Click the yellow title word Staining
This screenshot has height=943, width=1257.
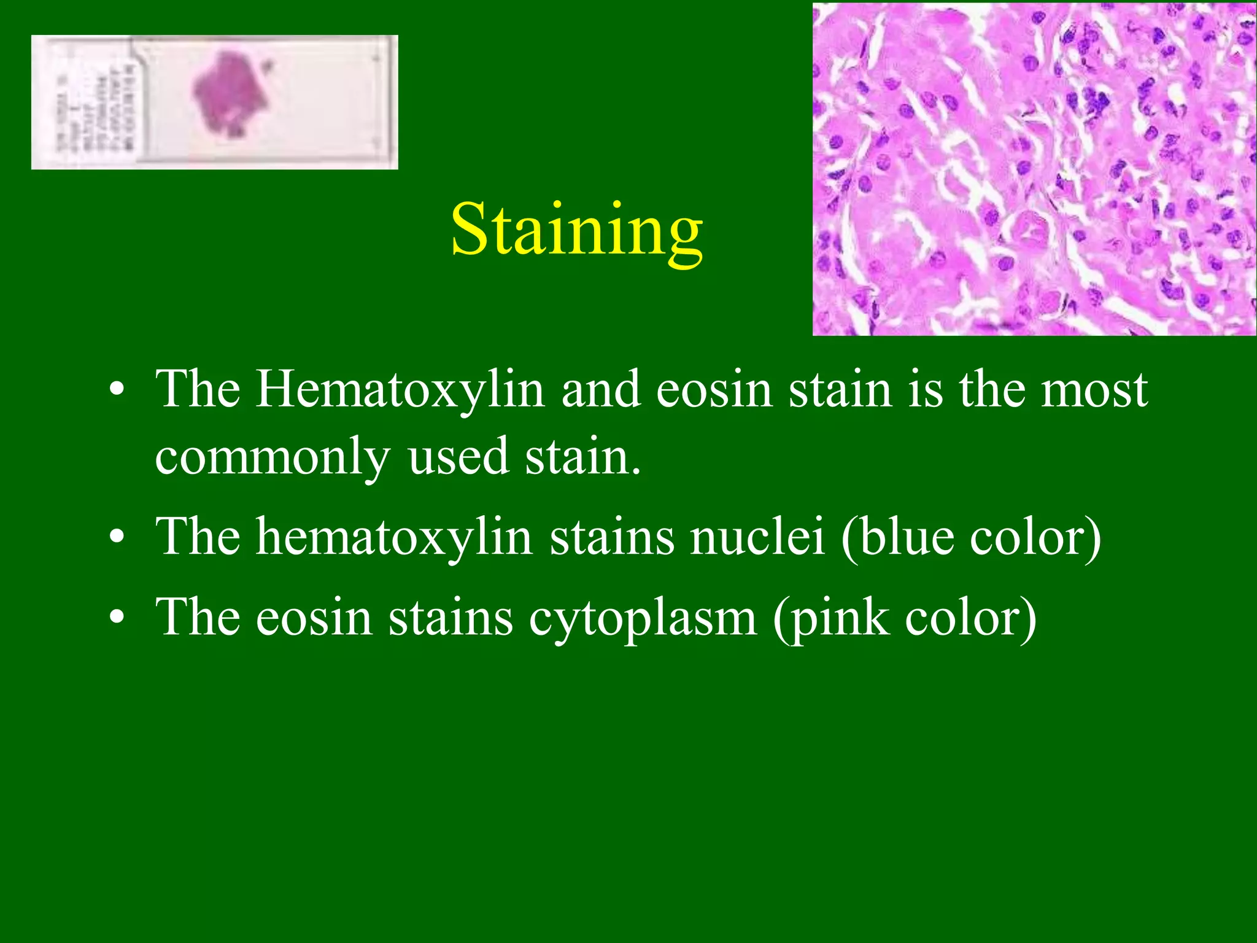point(577,230)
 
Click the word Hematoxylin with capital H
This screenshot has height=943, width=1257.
point(400,390)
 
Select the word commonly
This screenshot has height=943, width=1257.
point(273,457)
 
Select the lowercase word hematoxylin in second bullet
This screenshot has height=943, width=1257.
point(393,537)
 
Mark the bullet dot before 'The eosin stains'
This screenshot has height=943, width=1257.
point(117,619)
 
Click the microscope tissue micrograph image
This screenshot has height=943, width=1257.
point(1034,169)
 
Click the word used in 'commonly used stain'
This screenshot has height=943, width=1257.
point(458,457)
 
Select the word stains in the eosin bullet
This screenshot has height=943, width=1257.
point(451,618)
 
